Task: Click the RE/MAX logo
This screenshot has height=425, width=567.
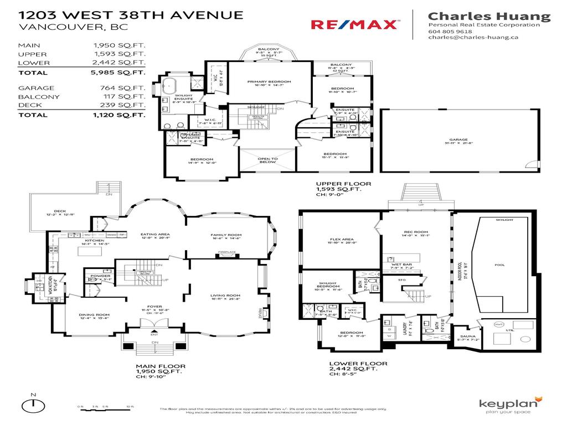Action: click(354, 24)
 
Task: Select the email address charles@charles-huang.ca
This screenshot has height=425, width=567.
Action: click(473, 38)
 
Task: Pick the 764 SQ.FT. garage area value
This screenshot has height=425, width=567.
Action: click(125, 88)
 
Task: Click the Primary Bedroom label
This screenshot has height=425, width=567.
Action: click(269, 82)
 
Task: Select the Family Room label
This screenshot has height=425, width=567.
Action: click(226, 235)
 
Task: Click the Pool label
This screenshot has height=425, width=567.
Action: click(499, 265)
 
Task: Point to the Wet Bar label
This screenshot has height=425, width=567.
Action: click(403, 265)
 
